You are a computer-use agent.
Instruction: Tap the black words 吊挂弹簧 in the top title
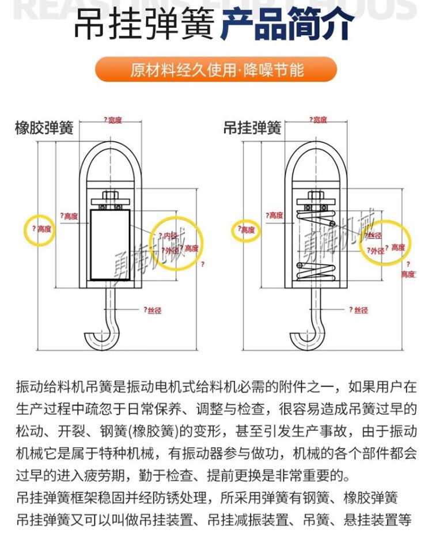point(145,25)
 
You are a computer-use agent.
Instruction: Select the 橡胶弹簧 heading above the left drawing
point(44,128)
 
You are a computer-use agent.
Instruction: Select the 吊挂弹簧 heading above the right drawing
point(252,128)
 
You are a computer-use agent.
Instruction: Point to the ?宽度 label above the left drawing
point(113,120)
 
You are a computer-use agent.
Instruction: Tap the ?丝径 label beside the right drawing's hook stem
point(358,310)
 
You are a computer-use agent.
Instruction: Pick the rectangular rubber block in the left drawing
point(109,244)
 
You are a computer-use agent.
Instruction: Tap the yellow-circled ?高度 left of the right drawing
point(247,230)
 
